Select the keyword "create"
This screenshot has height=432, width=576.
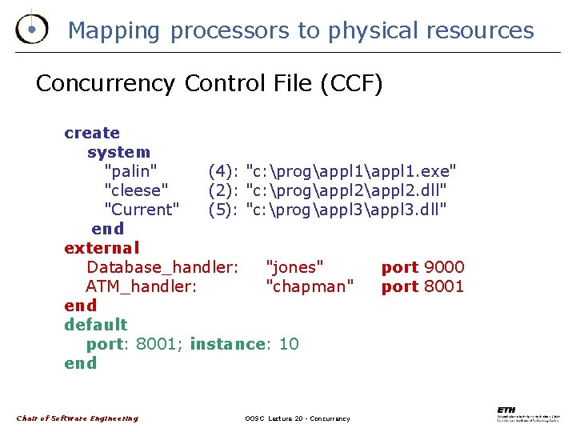(92, 133)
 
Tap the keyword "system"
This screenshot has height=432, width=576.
(118, 152)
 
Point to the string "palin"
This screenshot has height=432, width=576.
(130, 171)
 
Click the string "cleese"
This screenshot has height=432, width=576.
(137, 190)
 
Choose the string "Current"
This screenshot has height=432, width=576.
(142, 210)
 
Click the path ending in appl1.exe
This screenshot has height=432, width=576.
(351, 171)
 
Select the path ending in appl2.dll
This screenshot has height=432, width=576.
(346, 190)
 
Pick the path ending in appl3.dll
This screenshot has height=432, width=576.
(346, 210)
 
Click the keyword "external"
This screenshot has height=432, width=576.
(102, 248)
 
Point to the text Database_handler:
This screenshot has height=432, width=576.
(162, 267)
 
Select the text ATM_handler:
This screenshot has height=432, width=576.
(141, 286)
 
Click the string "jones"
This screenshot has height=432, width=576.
(294, 267)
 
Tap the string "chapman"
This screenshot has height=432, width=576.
(309, 286)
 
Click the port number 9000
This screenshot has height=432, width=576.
(444, 267)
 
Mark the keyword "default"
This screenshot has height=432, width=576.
(96, 325)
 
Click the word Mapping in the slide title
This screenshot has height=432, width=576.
(114, 31)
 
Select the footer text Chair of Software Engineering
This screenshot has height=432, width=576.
(77, 418)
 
